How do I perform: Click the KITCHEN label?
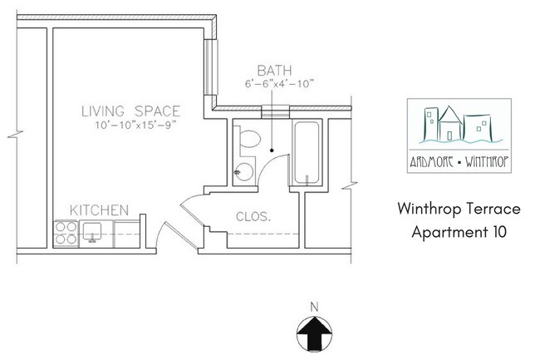pos(98,209)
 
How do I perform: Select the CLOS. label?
pos(253,216)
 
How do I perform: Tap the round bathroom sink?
pos(242,173)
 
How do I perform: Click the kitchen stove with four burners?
pos(65,232)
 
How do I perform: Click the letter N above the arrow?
pos(313,306)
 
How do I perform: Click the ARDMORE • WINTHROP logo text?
pos(459,163)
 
